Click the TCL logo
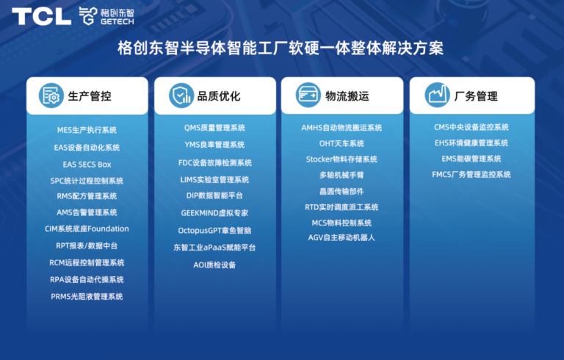click(42, 17)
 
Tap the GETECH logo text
click(117, 21)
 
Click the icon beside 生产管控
click(51, 96)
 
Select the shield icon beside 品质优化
click(181, 96)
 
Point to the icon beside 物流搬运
click(308, 95)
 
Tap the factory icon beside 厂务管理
click(437, 95)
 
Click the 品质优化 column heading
click(219, 96)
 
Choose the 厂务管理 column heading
click(476, 96)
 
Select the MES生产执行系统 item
click(87, 130)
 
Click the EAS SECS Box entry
click(87, 165)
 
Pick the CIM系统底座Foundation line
click(87, 229)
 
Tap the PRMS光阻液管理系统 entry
click(87, 297)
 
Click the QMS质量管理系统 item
click(214, 128)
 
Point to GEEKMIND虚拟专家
click(214, 213)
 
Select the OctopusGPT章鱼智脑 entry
click(214, 231)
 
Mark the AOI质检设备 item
click(214, 265)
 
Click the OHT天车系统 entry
click(341, 144)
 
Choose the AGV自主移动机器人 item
click(341, 237)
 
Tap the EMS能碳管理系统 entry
click(471, 159)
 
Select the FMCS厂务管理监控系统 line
click(471, 175)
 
